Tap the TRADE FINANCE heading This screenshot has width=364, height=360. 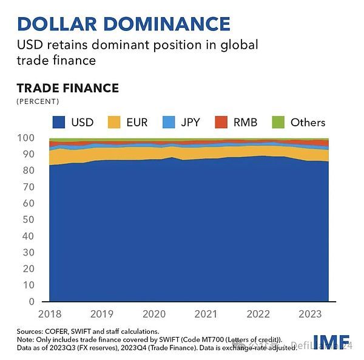[67, 88]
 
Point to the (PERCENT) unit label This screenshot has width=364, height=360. [38, 101]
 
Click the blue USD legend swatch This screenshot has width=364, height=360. [59, 122]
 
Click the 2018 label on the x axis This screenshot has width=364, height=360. [49, 313]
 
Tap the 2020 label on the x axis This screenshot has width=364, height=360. [154, 313]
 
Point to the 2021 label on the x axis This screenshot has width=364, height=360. [207, 313]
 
